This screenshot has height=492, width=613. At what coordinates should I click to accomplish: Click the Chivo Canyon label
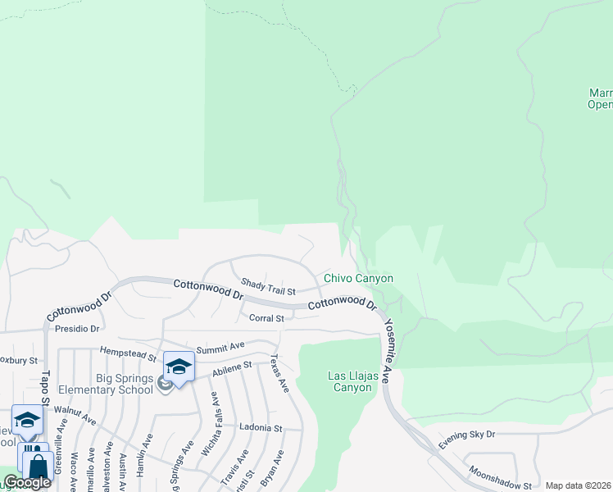[358, 279]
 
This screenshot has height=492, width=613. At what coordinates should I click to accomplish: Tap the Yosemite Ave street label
[388, 344]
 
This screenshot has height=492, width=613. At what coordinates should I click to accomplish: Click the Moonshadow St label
[500, 478]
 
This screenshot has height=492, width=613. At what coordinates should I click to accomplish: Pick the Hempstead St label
[128, 354]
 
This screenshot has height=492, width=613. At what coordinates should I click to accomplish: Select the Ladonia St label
[261, 428]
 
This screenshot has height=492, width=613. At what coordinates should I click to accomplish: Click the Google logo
[27, 482]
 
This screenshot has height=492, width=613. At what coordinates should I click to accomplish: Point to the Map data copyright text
[579, 485]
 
